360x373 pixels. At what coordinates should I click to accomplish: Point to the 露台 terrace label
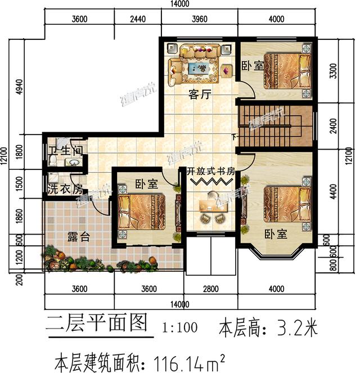[x=78, y=237]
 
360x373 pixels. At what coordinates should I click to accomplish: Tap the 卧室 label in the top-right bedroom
[x=252, y=66]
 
